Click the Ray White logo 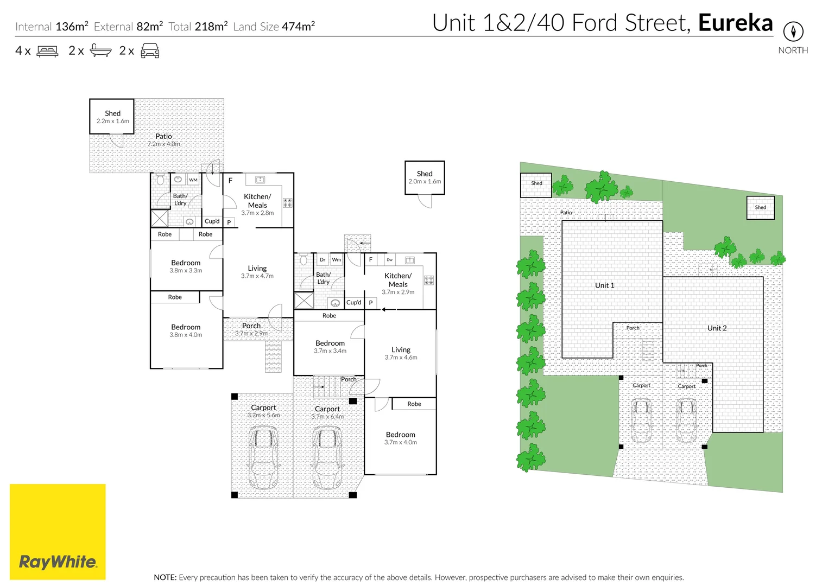(x=58, y=532)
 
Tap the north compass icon (x=793, y=31)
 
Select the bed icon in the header (x=47, y=50)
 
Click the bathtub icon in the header (x=100, y=50)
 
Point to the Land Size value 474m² (x=299, y=26)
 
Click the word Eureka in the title (x=735, y=23)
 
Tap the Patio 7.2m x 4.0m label (x=163, y=139)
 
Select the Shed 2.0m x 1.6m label (x=425, y=177)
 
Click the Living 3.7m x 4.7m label (x=257, y=272)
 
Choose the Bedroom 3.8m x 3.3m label (x=186, y=266)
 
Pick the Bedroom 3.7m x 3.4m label (x=330, y=347)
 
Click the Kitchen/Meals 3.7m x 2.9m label (x=398, y=283)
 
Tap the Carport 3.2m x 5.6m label (x=263, y=411)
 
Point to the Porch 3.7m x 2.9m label (x=251, y=329)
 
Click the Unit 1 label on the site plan (x=604, y=285)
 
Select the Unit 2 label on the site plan (x=717, y=328)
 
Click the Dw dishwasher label (x=390, y=259)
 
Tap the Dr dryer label (x=323, y=259)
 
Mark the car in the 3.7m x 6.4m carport (x=327, y=458)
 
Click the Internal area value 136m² (x=72, y=26)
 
